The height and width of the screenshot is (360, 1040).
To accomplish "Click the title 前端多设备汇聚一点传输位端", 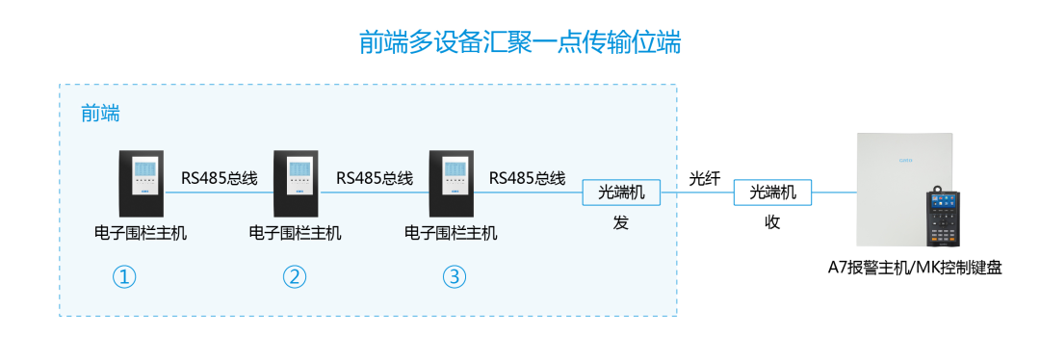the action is [x=520, y=42].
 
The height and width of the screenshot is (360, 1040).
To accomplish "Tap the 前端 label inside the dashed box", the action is [x=100, y=114].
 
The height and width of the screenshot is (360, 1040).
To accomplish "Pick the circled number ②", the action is [x=294, y=277].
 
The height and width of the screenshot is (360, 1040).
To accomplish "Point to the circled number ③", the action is [x=454, y=277].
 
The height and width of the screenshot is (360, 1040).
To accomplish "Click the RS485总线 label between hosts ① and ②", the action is [x=220, y=178].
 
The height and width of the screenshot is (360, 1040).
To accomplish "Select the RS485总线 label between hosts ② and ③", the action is [x=374, y=178].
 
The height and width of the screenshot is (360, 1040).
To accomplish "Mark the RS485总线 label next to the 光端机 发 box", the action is [x=527, y=178].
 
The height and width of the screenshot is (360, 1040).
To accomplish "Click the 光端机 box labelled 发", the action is [x=620, y=193].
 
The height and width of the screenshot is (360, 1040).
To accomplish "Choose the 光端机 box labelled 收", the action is [x=772, y=193].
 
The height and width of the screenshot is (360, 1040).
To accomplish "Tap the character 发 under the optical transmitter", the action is [x=620, y=222].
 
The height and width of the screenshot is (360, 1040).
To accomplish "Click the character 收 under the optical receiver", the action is [x=772, y=222].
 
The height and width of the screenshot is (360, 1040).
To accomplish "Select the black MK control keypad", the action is [x=947, y=219].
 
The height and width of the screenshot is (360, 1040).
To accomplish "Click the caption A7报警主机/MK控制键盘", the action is [x=915, y=269].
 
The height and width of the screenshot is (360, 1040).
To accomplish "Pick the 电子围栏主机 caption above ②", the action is [x=295, y=233].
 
